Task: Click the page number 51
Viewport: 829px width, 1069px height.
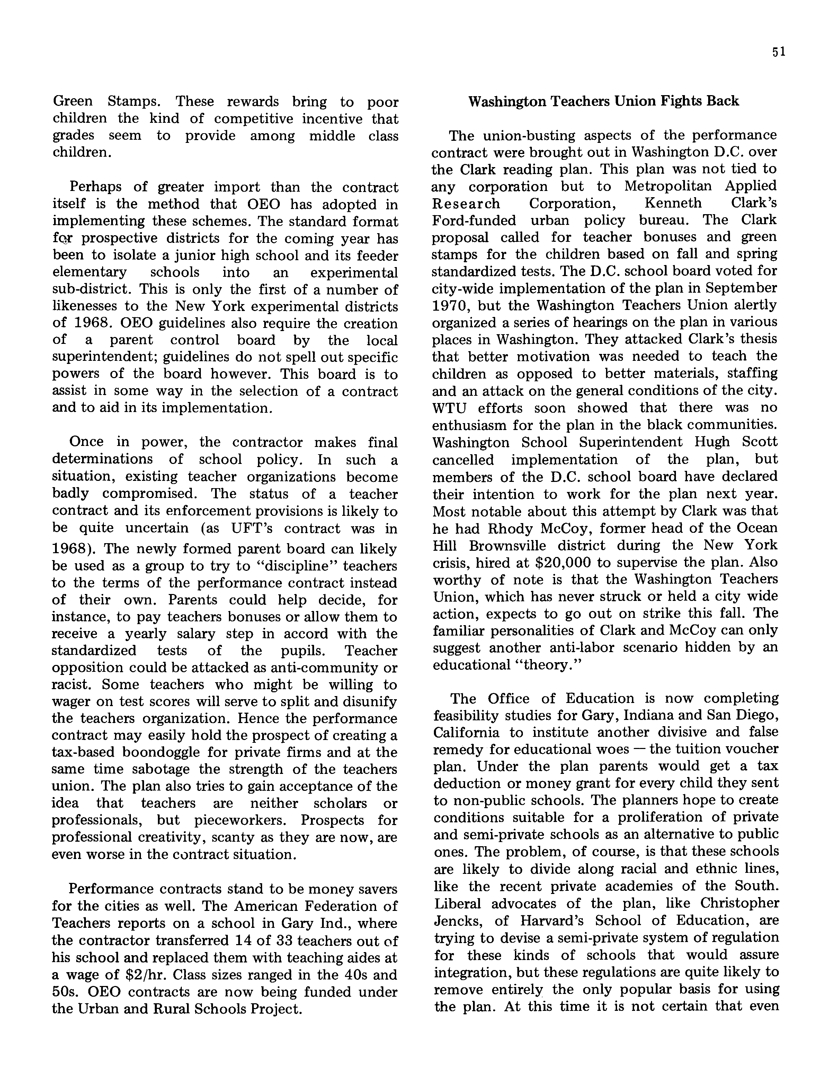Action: pyautogui.click(x=778, y=52)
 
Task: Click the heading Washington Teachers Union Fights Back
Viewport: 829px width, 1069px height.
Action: pyautogui.click(x=603, y=101)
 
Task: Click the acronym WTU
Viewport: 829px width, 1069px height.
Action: pyautogui.click(x=449, y=408)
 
